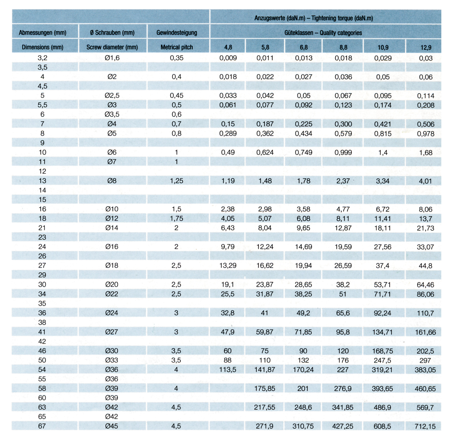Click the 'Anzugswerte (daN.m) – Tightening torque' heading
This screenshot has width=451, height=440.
(314, 18)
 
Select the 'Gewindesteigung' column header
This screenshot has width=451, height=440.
(177, 33)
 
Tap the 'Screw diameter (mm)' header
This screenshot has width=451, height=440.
(112, 47)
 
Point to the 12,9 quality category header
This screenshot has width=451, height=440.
(426, 47)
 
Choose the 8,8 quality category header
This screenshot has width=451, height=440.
(343, 47)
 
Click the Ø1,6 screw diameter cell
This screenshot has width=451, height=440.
(112, 58)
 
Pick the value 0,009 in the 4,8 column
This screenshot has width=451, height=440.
(228, 58)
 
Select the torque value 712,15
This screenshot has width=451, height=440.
(425, 426)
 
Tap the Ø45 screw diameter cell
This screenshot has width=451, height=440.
(111, 426)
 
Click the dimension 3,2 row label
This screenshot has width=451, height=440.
(43, 58)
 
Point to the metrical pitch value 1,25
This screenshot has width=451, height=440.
(176, 181)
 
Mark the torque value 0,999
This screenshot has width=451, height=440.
(343, 152)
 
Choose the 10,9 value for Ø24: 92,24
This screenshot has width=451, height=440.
(382, 313)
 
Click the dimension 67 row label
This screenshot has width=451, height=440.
(42, 426)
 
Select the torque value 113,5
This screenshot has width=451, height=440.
(228, 370)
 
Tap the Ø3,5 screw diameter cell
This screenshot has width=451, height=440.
(112, 115)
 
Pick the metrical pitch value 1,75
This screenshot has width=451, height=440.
(176, 218)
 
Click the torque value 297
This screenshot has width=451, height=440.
(425, 360)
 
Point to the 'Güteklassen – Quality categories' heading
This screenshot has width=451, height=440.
(323, 33)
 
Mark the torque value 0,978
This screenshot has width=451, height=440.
(426, 134)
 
